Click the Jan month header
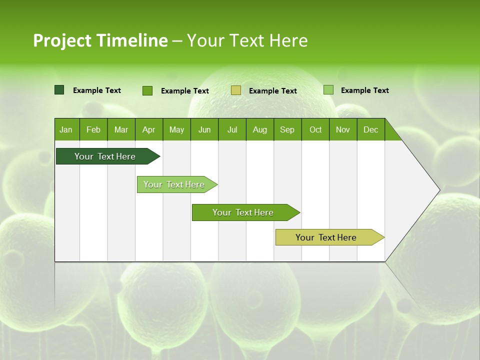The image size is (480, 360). (x=66, y=129)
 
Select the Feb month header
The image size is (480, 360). (x=93, y=129)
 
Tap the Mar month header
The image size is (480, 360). (x=121, y=129)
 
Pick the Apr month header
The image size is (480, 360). (x=148, y=129)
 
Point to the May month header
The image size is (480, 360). (x=176, y=129)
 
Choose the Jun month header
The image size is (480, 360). (x=204, y=129)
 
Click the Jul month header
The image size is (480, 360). (x=232, y=129)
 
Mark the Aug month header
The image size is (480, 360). (x=260, y=129)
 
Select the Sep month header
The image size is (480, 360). (x=287, y=129)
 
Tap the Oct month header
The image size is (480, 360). (x=315, y=129)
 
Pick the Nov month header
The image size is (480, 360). (x=343, y=129)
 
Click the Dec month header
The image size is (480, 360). (x=371, y=129)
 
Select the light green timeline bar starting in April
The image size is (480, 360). (x=175, y=184)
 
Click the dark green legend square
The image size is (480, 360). (x=59, y=90)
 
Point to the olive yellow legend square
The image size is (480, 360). (x=236, y=90)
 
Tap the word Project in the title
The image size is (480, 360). (x=62, y=40)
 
